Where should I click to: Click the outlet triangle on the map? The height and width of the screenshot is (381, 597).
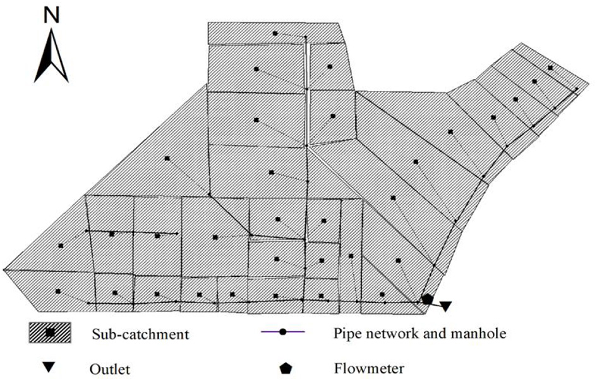pos(446,306)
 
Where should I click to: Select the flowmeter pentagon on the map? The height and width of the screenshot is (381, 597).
pos(428,299)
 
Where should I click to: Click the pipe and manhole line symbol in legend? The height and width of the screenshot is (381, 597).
pos(283,331)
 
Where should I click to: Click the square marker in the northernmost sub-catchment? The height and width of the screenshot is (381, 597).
pos(275,33)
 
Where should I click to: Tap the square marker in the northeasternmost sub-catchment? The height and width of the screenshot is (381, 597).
pos(550,68)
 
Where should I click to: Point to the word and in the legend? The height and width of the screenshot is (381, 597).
pos(440,333)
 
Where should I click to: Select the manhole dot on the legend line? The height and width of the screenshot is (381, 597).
pos(284,331)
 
